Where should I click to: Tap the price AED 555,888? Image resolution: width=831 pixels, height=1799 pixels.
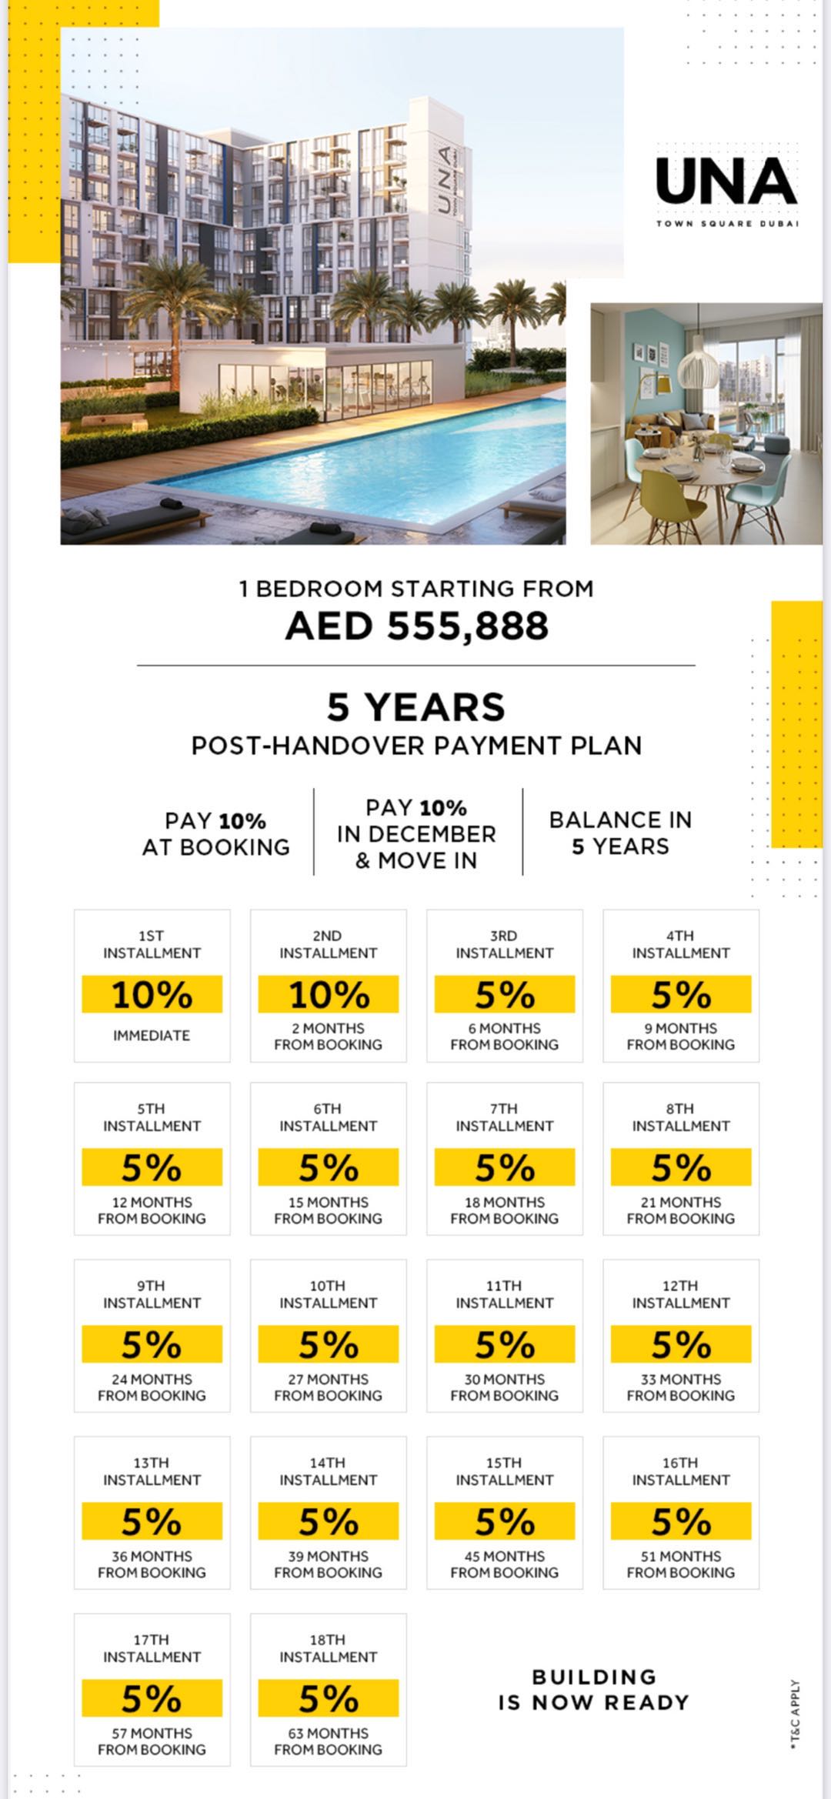416,626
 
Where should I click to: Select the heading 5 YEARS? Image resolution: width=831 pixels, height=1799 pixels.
416,707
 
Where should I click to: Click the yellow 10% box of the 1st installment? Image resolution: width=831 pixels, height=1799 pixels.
152,995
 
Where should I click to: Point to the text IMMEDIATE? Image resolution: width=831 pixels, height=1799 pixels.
152,1036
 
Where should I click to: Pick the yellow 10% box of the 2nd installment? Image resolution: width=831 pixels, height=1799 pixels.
329,995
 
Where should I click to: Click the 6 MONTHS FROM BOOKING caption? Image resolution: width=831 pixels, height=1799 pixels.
505,1036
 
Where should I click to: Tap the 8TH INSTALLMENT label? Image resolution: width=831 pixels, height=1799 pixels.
681,1117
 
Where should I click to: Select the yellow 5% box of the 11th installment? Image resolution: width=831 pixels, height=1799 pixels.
505,1344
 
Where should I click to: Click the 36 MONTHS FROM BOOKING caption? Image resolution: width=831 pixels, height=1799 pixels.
152,1564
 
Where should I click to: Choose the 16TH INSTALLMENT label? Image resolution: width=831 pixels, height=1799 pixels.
681,1471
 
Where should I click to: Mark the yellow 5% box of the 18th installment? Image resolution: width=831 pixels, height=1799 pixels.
329,1698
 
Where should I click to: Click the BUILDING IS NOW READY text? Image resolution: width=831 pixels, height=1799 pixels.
593,1690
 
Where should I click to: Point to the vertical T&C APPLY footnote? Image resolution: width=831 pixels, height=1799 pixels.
795,1716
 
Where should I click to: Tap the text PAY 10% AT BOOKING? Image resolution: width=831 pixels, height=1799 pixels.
216,834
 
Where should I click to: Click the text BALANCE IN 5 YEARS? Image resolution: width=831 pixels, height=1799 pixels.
620,833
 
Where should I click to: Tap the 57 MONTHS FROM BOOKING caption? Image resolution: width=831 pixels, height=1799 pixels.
152,1741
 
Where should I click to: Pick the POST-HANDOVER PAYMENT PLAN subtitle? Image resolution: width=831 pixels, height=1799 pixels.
416,746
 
